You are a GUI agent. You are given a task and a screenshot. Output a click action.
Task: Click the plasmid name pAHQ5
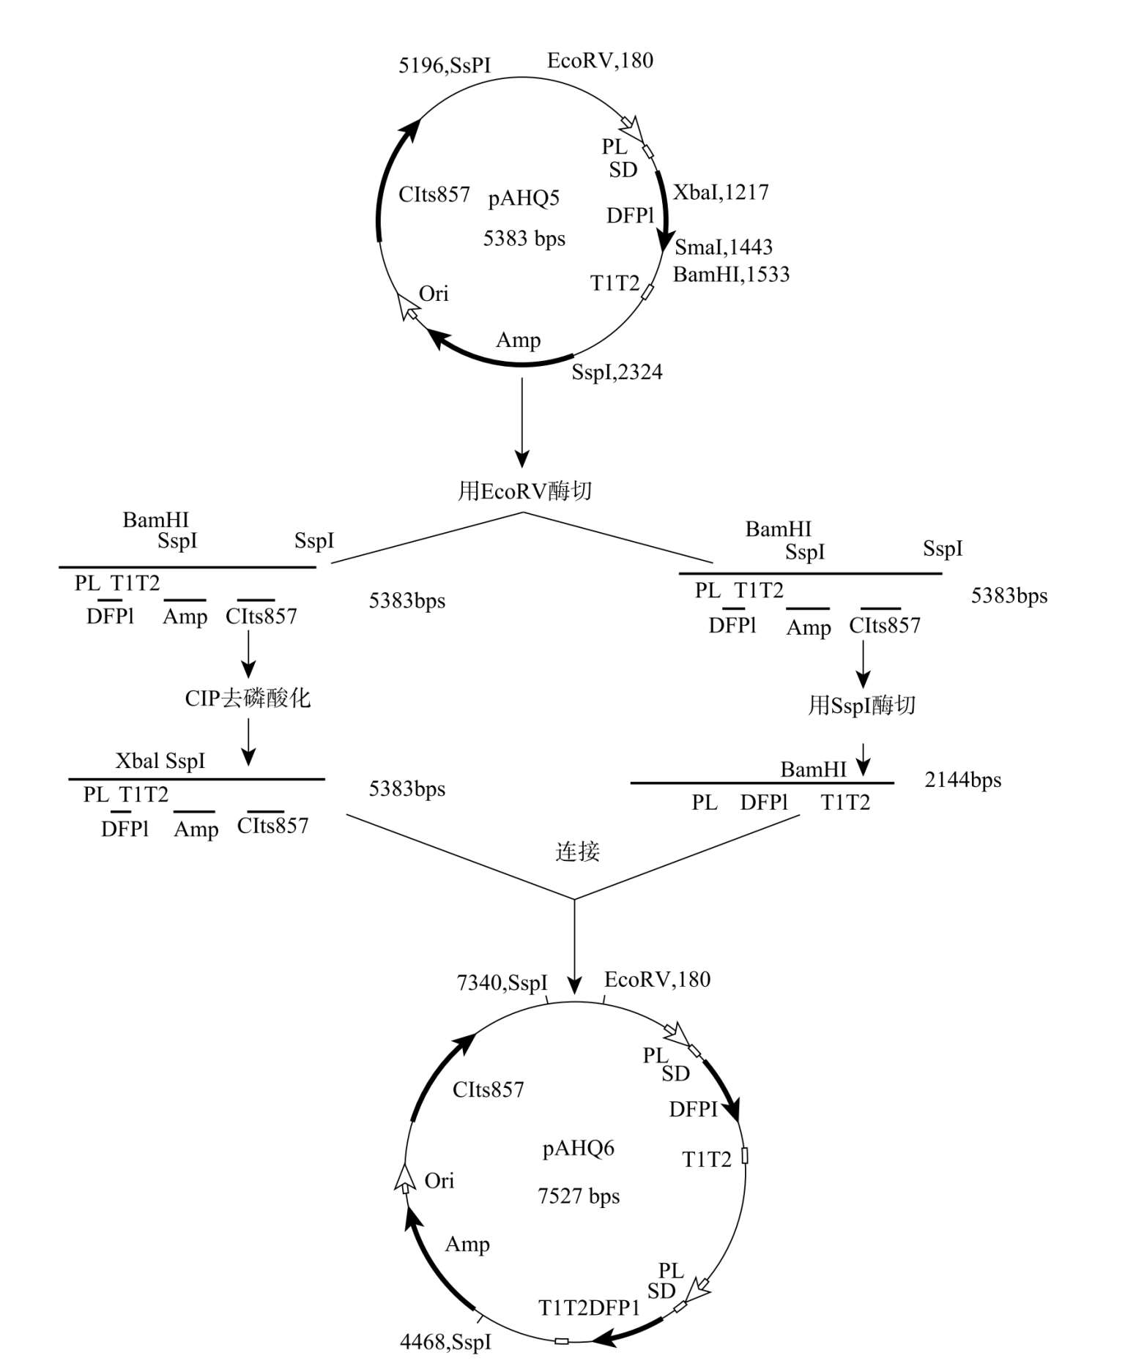click(524, 199)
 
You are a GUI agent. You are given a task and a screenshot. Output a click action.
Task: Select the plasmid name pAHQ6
click(579, 1148)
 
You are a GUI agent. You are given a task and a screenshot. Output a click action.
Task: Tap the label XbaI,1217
click(721, 193)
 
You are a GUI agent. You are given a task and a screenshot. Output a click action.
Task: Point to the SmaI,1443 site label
click(724, 247)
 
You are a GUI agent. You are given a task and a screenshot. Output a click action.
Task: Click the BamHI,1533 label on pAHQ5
click(731, 275)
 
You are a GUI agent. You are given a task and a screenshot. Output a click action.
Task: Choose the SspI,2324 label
click(617, 373)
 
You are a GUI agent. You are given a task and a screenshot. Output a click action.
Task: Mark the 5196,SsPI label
click(445, 66)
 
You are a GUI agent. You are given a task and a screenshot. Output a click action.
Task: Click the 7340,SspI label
click(502, 982)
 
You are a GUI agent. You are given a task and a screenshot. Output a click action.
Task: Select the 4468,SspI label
click(445, 1342)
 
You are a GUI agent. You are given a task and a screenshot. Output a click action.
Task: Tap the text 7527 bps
click(579, 1196)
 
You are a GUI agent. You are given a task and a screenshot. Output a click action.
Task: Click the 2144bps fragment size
click(962, 780)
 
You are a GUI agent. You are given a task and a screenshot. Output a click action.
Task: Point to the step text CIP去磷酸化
click(248, 698)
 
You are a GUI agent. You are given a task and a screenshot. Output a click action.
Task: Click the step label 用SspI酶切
click(862, 706)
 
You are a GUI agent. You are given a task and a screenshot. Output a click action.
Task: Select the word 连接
click(577, 851)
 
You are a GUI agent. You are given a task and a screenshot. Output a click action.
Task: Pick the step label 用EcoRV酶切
click(524, 491)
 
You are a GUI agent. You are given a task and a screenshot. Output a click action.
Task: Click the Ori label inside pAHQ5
click(434, 294)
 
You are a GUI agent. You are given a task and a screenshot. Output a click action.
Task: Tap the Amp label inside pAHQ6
click(467, 1245)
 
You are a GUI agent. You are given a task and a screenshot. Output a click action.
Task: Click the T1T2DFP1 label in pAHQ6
click(589, 1308)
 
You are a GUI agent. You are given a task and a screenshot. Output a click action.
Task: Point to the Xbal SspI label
click(160, 761)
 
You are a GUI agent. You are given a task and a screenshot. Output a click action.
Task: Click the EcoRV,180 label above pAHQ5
click(600, 61)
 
